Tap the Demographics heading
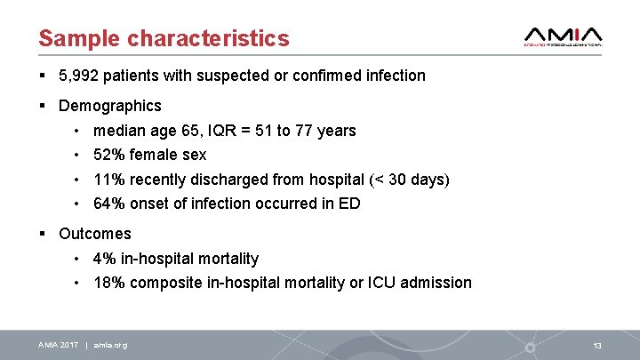click(x=110, y=106)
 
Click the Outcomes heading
click(x=95, y=234)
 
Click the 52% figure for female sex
click(x=108, y=155)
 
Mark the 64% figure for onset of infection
click(x=108, y=204)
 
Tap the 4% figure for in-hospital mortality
click(x=104, y=259)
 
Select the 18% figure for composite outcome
click(x=108, y=283)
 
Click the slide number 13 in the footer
click(x=597, y=345)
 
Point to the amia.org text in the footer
click(x=110, y=345)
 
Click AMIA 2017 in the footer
click(x=59, y=345)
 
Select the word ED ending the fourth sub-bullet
click(x=349, y=204)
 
